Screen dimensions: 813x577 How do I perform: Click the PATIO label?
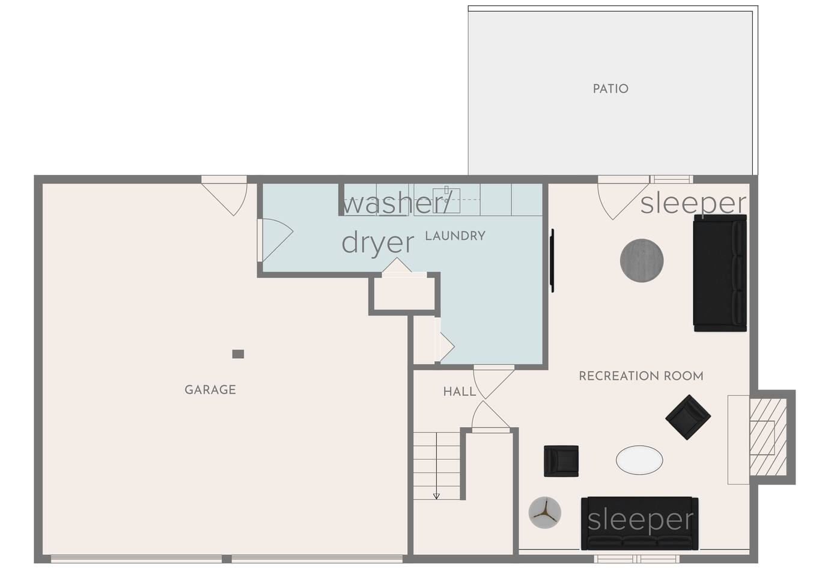(x=611, y=89)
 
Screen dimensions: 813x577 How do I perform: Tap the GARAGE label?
(x=210, y=390)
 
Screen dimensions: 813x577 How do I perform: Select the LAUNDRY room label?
(x=455, y=236)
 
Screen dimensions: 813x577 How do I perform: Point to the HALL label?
(x=460, y=391)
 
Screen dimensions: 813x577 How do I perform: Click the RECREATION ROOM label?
(x=641, y=376)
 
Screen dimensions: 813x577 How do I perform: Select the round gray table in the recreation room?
(x=642, y=260)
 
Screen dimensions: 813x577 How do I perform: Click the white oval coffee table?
(x=639, y=460)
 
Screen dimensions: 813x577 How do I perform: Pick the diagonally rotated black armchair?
(x=688, y=417)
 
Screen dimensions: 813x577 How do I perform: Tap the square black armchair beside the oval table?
(x=561, y=461)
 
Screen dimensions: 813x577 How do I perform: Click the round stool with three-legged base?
(x=545, y=512)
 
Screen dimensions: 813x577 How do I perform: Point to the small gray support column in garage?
(x=238, y=354)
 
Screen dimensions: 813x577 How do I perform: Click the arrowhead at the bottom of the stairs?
(x=436, y=496)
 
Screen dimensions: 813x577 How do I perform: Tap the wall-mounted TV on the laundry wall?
(x=552, y=260)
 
